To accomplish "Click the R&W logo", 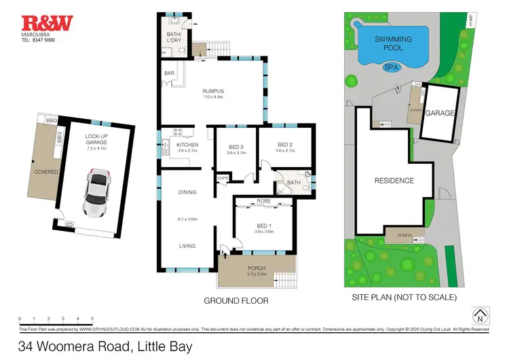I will click(x=47, y=24).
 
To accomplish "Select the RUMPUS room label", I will click(x=212, y=91).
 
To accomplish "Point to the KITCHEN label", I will click(x=187, y=145).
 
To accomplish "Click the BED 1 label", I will click(x=264, y=226).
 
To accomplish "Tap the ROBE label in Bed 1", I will click(x=264, y=202).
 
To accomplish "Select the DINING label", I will click(x=187, y=193).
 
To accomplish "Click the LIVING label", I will click(x=187, y=246).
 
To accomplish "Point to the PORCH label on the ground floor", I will click(x=257, y=268).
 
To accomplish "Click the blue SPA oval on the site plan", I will click(x=391, y=67).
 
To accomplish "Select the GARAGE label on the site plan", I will click(x=439, y=114).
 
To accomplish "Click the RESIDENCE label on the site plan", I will click(x=394, y=181).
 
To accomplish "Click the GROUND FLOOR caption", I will click(x=235, y=300).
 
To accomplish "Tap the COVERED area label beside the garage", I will click(x=47, y=172).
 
